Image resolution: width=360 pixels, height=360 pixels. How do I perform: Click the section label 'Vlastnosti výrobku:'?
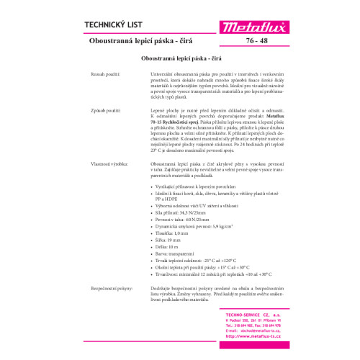coord(107,164)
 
